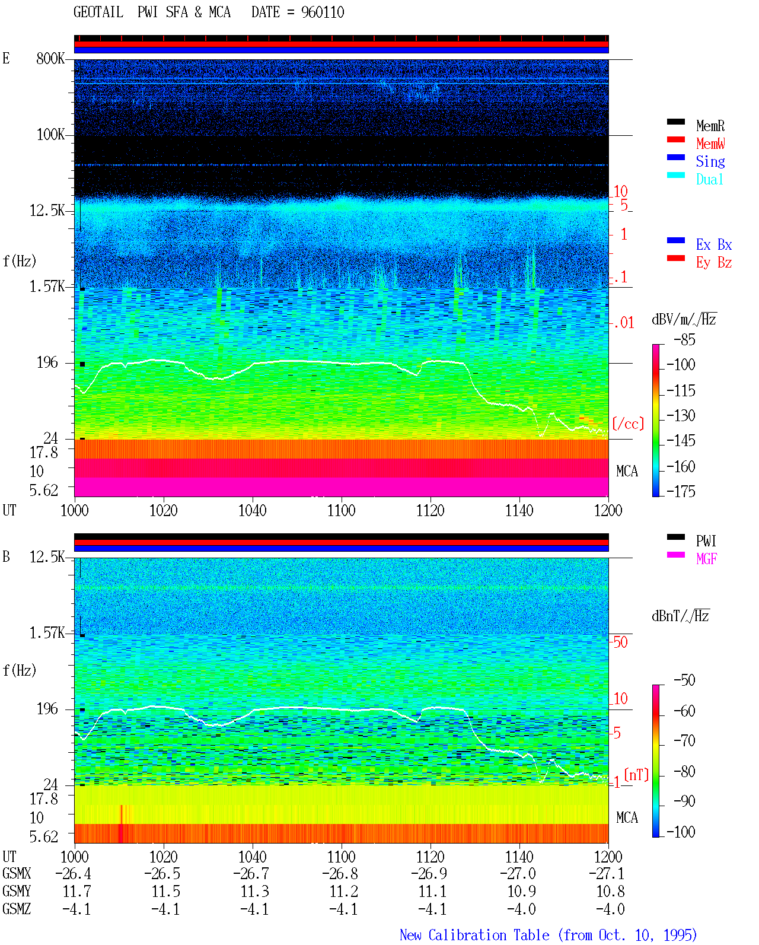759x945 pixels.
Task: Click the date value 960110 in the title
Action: pos(323,12)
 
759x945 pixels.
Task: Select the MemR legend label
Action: pos(710,126)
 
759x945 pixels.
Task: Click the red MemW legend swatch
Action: pos(675,139)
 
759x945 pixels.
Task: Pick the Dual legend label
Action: pos(710,180)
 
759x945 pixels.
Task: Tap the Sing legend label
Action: pos(710,161)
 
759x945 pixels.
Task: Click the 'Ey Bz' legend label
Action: pos(714,263)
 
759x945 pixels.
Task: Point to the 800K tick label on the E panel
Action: pos(50,58)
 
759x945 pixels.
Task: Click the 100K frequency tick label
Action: pos(50,135)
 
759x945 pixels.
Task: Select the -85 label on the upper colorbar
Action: pos(684,340)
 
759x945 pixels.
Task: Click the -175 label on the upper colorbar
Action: pos(681,492)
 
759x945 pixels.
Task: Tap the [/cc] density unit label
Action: pos(628,424)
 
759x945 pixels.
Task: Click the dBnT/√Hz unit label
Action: pos(681,616)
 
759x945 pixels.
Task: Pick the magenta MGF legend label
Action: pos(707,559)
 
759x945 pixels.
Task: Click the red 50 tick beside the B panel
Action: pos(620,642)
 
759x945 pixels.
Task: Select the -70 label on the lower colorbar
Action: pos(684,741)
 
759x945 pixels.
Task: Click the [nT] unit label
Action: pos(636,775)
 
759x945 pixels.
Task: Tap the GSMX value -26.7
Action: pos(251,874)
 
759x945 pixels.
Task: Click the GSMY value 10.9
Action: pos(521,892)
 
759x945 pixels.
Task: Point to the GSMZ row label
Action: pos(17,909)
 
